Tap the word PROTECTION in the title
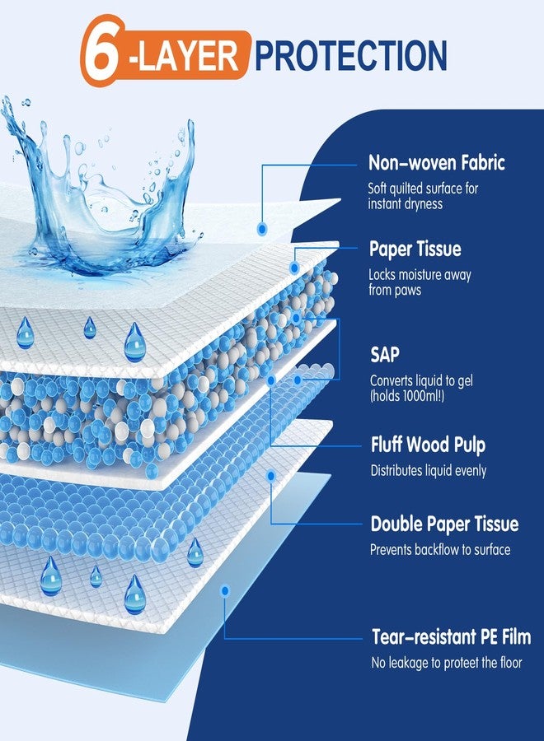pos(350,55)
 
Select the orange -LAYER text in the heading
pos(186,56)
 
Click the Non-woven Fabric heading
pos(437,162)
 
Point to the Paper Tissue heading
pos(415,249)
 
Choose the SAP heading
pos(385,354)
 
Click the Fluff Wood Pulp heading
pos(428,445)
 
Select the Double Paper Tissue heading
pos(444,524)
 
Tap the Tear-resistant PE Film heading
pos(452,636)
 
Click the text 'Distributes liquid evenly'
pos(429,471)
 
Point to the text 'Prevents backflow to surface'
pos(440,550)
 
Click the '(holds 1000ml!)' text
pos(407,396)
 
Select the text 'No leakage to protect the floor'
pos(447,663)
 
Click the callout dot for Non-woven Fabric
pos(262,229)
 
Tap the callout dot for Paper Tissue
pos(294,268)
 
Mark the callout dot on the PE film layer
pos(225,590)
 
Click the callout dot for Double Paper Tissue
pos(271,476)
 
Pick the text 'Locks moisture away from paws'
pos(420,282)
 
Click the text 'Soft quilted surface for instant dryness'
pos(423,196)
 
